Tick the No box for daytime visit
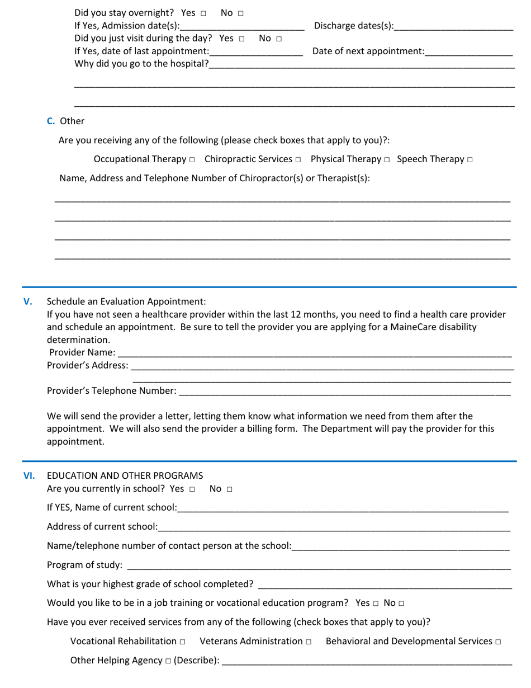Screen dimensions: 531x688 [x=279, y=39]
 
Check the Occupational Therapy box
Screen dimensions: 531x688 [x=192, y=160]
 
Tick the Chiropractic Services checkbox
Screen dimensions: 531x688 [x=298, y=160]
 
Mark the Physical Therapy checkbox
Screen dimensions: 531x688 [x=386, y=160]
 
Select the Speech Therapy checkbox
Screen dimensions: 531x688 [x=470, y=160]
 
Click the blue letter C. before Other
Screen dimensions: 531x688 [x=51, y=121]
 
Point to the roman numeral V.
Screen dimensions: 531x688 [x=28, y=301]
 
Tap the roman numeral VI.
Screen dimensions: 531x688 [x=29, y=476]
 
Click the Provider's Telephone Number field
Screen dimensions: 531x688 [x=344, y=391]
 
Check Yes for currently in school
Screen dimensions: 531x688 [x=192, y=489]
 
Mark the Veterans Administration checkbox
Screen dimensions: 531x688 [x=308, y=642]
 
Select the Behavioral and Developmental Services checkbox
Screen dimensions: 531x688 [x=497, y=642]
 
